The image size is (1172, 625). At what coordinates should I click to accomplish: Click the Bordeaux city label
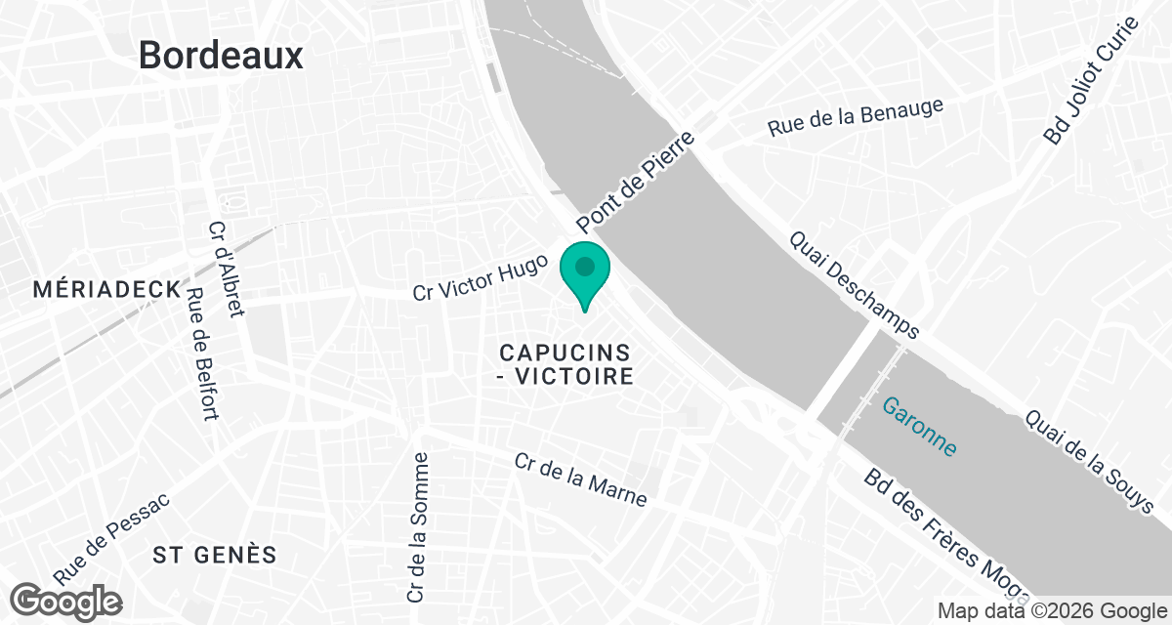click(x=221, y=55)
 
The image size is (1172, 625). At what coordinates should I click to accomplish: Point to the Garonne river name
click(x=919, y=427)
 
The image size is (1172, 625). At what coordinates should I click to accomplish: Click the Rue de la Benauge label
click(x=856, y=116)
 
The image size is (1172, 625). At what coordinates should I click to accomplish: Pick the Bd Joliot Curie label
click(x=1091, y=81)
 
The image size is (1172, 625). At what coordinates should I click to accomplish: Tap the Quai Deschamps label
click(x=854, y=283)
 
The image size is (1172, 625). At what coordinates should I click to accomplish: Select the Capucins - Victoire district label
click(x=565, y=363)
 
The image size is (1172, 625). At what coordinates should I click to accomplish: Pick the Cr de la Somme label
click(x=418, y=526)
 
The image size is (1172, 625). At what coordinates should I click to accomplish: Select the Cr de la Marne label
click(x=581, y=479)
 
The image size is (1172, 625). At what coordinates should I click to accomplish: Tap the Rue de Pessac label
click(x=112, y=536)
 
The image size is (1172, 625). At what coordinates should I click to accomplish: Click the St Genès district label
click(x=215, y=555)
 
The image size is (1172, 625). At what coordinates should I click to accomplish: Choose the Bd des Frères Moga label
click(x=945, y=532)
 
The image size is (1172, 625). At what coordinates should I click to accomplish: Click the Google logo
click(x=66, y=600)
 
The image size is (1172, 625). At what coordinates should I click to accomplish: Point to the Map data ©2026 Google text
click(x=1051, y=611)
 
